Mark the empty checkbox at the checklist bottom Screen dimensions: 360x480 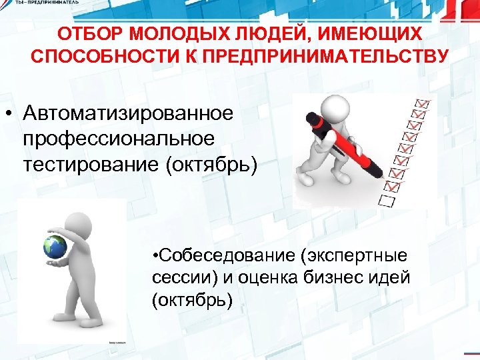coord(387,199)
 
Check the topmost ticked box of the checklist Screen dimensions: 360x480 coord(422,104)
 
